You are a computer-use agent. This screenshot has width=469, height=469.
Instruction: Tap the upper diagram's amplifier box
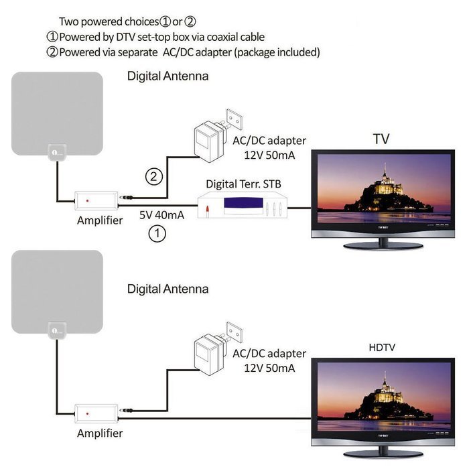[x=96, y=201]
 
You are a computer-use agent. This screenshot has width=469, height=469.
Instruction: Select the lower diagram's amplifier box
[x=96, y=413]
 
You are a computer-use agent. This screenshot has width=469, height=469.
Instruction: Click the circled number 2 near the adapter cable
[x=153, y=176]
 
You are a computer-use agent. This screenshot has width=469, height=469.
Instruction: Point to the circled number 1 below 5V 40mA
[x=157, y=233]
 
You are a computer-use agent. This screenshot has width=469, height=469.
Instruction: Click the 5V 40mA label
[x=161, y=215]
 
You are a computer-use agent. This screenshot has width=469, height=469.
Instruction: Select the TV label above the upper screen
[x=381, y=139]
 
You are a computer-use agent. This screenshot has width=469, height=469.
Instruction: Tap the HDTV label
[x=382, y=347]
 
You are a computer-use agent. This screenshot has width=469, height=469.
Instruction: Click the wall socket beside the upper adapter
[x=234, y=119]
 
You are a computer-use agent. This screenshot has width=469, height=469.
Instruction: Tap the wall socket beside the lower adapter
[x=234, y=332]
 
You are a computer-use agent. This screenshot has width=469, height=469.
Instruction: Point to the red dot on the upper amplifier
[x=87, y=201]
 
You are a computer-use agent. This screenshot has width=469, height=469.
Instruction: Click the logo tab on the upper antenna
[x=57, y=153]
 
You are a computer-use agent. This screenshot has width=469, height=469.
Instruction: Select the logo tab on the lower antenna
[x=57, y=330]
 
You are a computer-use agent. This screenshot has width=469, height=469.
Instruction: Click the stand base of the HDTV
[x=383, y=454]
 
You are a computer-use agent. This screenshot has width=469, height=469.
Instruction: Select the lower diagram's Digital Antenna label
[x=167, y=289]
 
